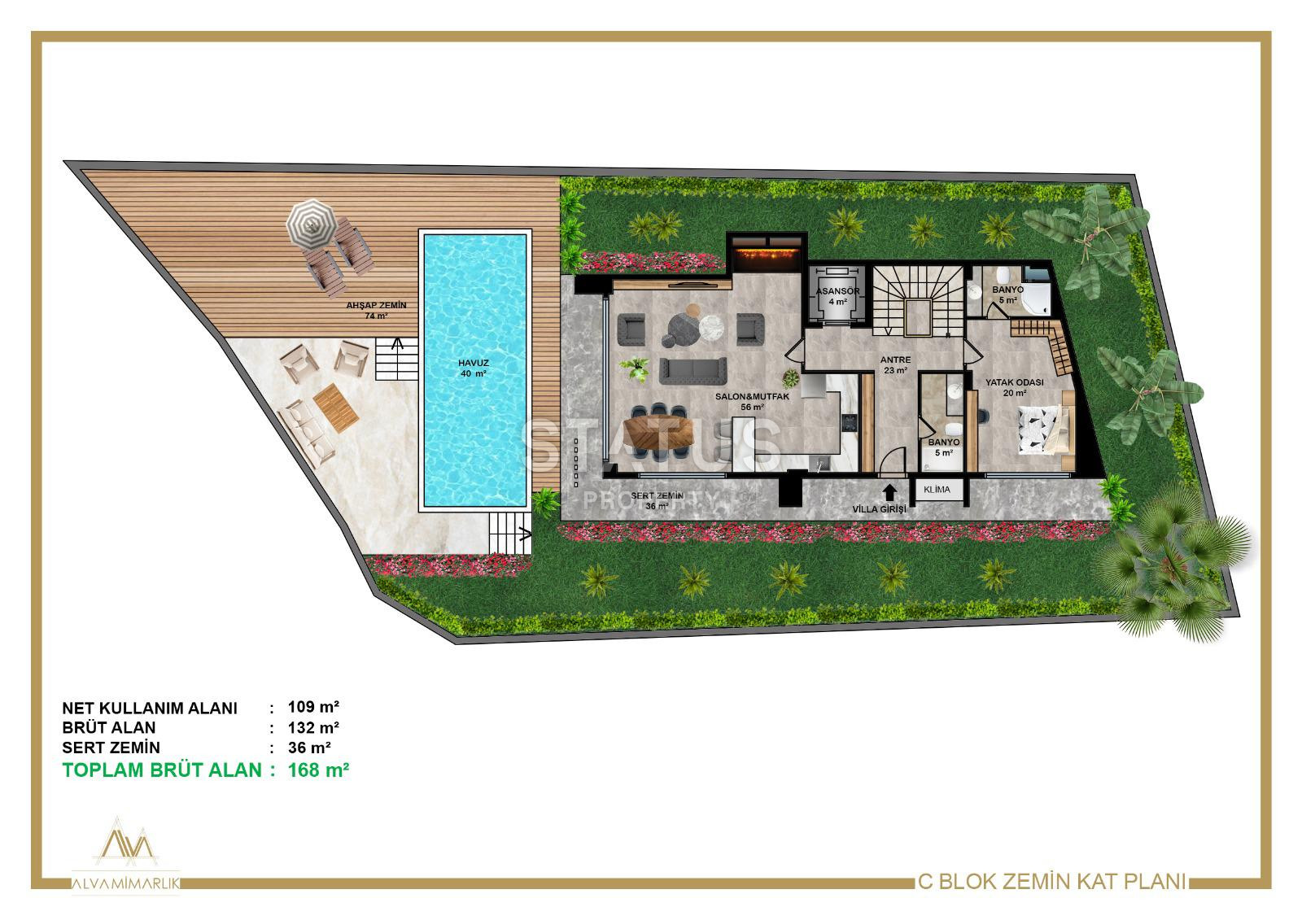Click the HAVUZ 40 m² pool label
pyautogui.click(x=473, y=368)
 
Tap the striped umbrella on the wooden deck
pyautogui.click(x=312, y=225)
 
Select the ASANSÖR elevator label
pyautogui.click(x=837, y=291)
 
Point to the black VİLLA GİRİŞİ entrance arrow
pyautogui.click(x=889, y=492)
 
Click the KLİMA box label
pyautogui.click(x=937, y=490)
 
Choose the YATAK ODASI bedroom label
pyautogui.click(x=1014, y=382)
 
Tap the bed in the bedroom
pyautogui.click(x=1044, y=429)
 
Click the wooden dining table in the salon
pyautogui.click(x=658, y=432)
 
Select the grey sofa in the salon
pyautogui.click(x=693, y=371)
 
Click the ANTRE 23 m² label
pyautogui.click(x=895, y=365)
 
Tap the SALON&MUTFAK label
pyautogui.click(x=752, y=397)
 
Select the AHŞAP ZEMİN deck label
pyautogui.click(x=376, y=305)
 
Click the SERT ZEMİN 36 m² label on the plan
pyautogui.click(x=657, y=501)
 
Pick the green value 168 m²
pyautogui.click(x=318, y=770)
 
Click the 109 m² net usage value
pyautogui.click(x=313, y=708)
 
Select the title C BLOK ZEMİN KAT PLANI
pyautogui.click(x=1051, y=883)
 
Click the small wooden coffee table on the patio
pyautogui.click(x=335, y=408)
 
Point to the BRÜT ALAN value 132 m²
pyautogui.click(x=313, y=728)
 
